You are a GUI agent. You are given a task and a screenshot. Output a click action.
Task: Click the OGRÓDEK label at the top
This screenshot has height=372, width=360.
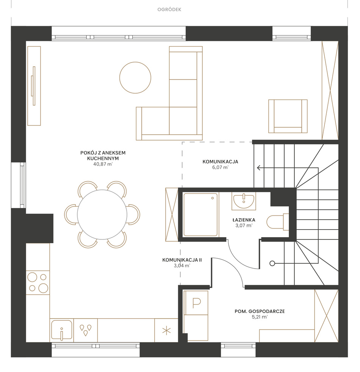tap(169, 9)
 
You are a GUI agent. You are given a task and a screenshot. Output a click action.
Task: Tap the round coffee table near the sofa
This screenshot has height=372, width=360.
tap(135, 78)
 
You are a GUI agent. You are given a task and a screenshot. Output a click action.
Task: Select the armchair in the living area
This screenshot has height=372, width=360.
tap(288, 116)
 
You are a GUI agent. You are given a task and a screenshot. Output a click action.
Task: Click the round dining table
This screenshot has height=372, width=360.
tap(102, 214)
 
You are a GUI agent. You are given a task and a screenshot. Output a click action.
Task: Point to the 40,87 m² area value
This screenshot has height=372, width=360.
tap(103, 164)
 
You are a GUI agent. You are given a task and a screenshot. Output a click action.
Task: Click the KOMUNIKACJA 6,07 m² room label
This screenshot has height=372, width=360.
tap(220, 164)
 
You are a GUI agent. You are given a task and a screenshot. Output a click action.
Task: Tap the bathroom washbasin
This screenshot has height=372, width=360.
tap(244, 201)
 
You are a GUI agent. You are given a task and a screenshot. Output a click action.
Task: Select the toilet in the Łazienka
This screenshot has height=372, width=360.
tap(278, 222)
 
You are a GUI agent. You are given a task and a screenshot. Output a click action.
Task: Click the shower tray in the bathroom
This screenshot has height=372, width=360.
tap(200, 215)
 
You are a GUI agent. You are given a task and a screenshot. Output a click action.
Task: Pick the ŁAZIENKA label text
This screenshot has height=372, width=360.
tap(244, 220)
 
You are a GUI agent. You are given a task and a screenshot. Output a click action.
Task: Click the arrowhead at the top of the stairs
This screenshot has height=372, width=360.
tap(259, 168)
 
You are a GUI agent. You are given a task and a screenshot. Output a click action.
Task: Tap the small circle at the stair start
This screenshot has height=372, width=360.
tap(272, 263)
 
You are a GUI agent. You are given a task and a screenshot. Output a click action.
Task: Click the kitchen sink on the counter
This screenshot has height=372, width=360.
tap(62, 330)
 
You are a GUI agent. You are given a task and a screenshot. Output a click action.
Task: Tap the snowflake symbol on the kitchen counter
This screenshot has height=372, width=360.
tap(166, 331)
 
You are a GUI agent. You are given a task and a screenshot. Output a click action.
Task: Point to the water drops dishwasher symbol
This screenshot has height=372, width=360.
tap(85, 330)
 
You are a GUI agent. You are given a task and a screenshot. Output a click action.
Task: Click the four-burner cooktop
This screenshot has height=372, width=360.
tap(38, 283)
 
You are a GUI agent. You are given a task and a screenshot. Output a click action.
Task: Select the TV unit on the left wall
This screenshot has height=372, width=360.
tap(34, 86)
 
